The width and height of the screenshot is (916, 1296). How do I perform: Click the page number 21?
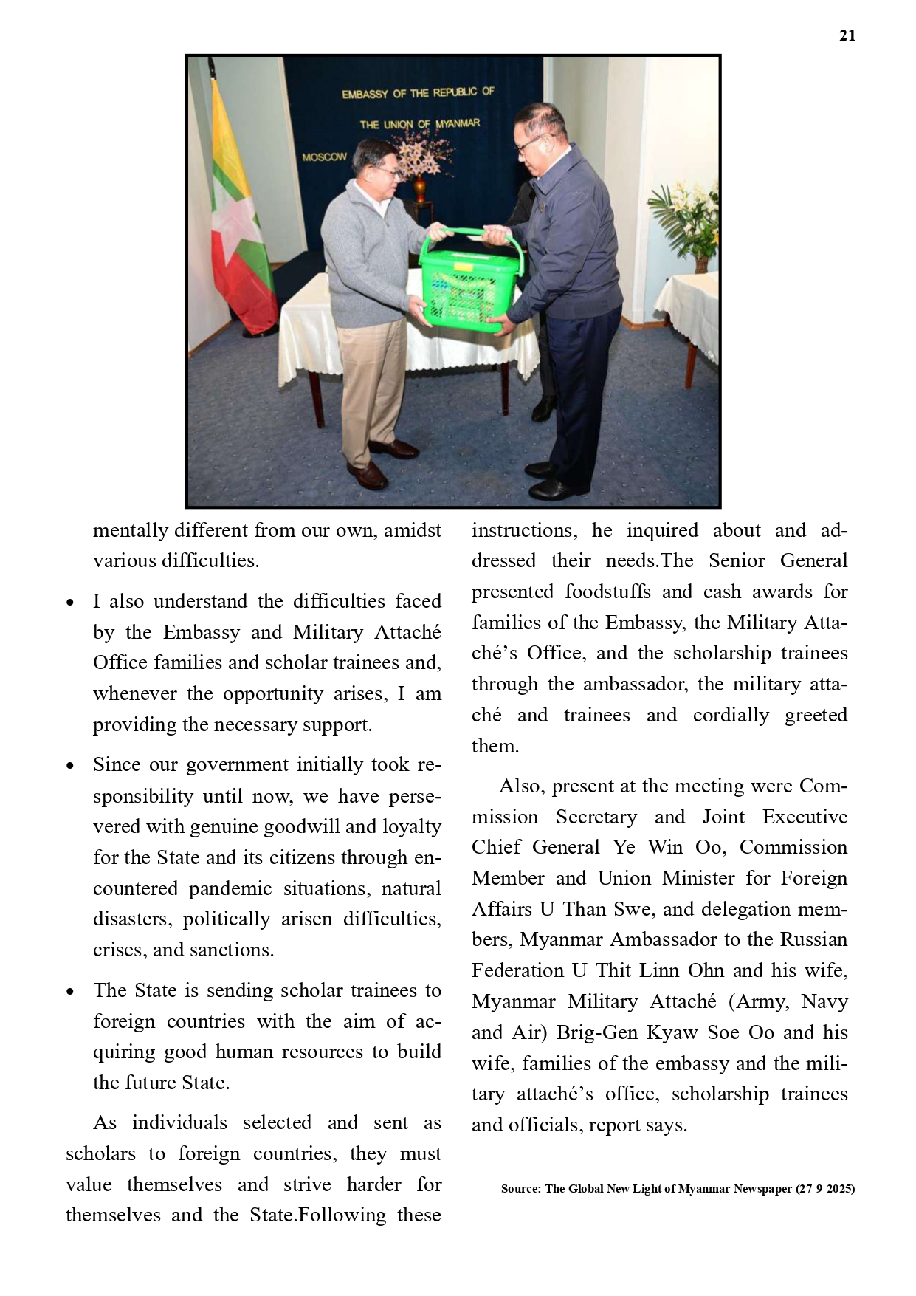click(x=847, y=35)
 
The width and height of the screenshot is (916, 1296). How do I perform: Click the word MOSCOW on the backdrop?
click(x=324, y=157)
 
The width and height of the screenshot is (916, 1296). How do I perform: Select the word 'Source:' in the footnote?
click(x=520, y=1189)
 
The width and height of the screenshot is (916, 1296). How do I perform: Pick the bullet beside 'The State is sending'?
click(x=70, y=992)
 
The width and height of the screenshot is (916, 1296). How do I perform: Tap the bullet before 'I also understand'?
click(x=70, y=603)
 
